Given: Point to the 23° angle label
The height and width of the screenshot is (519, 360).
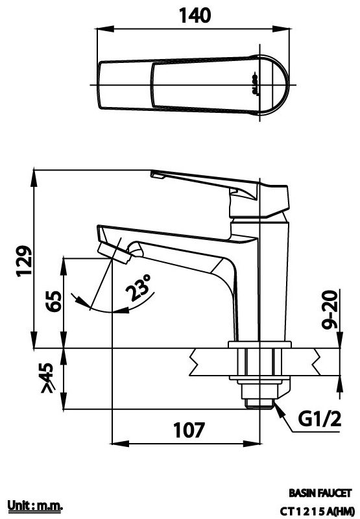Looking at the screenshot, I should (139, 287).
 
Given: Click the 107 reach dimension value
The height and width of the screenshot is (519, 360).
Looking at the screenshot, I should (189, 429).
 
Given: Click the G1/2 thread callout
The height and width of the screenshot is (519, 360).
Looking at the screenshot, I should (319, 420).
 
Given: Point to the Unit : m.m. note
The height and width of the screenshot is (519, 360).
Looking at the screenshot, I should (34, 505).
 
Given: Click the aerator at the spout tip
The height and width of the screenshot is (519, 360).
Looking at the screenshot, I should (114, 252).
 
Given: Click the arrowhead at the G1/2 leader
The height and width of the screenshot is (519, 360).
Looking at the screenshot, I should (274, 404).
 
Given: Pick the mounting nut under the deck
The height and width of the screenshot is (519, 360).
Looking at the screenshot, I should (258, 366).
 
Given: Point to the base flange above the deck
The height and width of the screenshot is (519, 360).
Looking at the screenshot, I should (258, 344).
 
